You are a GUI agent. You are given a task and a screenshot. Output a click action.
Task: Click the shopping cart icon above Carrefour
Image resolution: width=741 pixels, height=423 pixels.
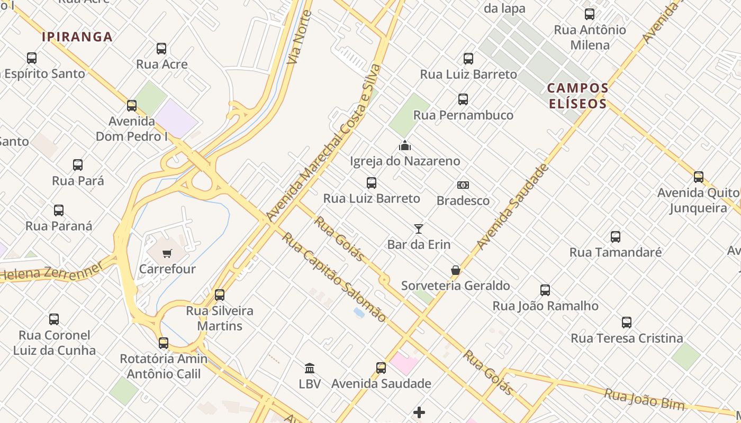coord(167,253)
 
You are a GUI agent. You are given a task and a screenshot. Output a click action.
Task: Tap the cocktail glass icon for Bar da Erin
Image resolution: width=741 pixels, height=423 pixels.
coord(419,229)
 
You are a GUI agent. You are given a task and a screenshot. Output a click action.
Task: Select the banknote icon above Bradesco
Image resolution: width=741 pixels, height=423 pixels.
coord(463,185)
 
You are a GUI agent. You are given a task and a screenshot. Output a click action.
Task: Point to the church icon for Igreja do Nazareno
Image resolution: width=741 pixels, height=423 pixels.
coord(405,145)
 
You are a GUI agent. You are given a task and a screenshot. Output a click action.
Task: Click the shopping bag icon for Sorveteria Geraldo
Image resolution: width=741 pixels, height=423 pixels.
coord(455,270)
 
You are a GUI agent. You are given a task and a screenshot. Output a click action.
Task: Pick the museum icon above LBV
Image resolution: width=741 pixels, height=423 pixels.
coord(310,368)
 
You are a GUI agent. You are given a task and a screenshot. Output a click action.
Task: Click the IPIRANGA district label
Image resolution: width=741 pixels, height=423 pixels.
coord(77,37)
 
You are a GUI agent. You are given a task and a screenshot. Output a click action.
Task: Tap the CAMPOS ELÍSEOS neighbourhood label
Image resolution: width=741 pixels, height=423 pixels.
coord(577,96)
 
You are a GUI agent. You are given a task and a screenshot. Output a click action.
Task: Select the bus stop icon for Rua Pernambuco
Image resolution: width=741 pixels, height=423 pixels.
coord(463,99)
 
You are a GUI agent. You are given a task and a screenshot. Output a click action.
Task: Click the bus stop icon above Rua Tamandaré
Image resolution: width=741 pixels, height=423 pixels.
coord(616,237)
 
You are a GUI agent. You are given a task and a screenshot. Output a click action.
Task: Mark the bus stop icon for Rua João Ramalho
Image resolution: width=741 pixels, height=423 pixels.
coord(545,290)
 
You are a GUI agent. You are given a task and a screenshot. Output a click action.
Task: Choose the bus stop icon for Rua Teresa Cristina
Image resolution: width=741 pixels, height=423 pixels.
coord(627,323)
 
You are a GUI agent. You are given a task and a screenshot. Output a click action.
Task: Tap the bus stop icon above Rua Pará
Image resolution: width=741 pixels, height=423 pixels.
coord(78,165)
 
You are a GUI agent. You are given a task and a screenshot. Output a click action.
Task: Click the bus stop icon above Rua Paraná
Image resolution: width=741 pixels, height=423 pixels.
coord(59,210)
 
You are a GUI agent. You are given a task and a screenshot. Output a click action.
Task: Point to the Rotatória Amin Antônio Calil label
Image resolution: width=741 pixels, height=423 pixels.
coord(164,366)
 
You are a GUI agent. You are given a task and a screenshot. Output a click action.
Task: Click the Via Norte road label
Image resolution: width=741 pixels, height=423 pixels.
coord(299,37)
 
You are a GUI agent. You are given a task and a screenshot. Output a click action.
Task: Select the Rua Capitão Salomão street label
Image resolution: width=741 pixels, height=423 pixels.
coord(333,277)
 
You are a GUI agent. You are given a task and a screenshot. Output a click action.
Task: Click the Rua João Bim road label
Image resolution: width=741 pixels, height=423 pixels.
coord(645,399)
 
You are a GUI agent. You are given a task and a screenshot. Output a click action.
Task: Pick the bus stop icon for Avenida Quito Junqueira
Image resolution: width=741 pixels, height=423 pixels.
coord(699,177)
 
